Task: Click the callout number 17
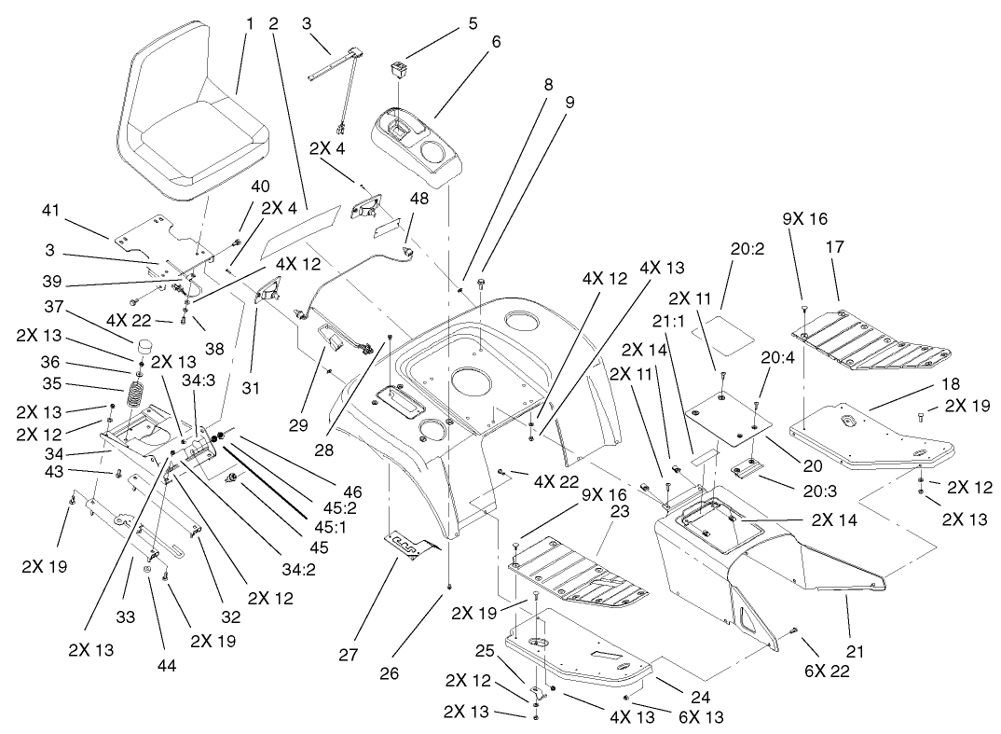pyautogui.click(x=834, y=248)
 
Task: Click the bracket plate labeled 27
pyautogui.click(x=409, y=545)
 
